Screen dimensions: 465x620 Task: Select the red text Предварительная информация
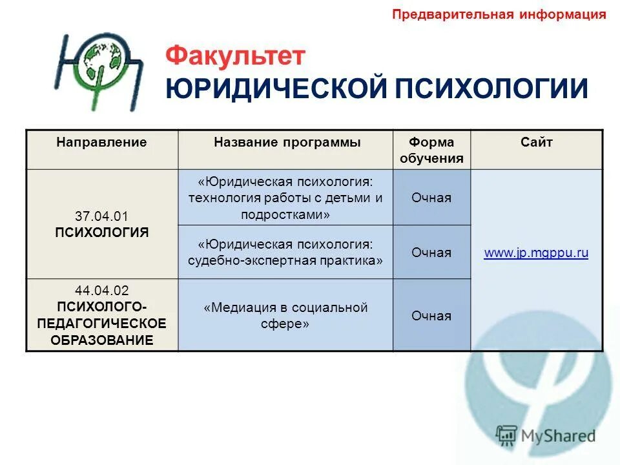click(499, 15)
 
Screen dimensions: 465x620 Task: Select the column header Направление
click(101, 142)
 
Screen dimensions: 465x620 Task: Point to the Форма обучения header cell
click(431, 150)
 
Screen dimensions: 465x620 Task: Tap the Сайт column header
click(537, 142)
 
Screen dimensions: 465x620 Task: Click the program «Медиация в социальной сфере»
click(285, 315)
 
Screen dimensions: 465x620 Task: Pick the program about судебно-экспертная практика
click(285, 253)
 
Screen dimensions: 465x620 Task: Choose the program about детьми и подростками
click(285, 198)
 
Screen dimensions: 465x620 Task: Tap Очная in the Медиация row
click(431, 316)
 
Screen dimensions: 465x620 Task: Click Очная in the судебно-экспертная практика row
click(431, 253)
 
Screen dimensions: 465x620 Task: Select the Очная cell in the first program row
click(431, 198)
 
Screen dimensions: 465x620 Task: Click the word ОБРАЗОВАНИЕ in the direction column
click(102, 340)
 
